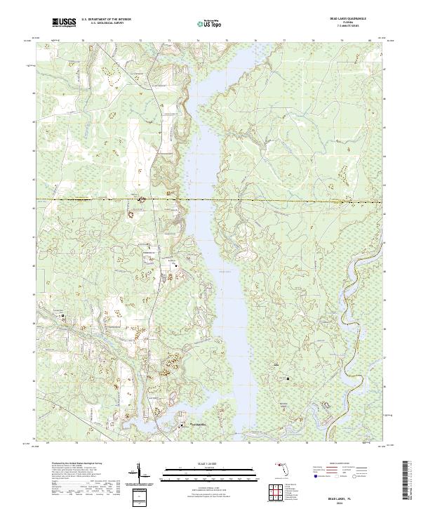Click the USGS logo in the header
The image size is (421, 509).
coord(64,22)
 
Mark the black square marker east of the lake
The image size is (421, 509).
coord(287,379)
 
